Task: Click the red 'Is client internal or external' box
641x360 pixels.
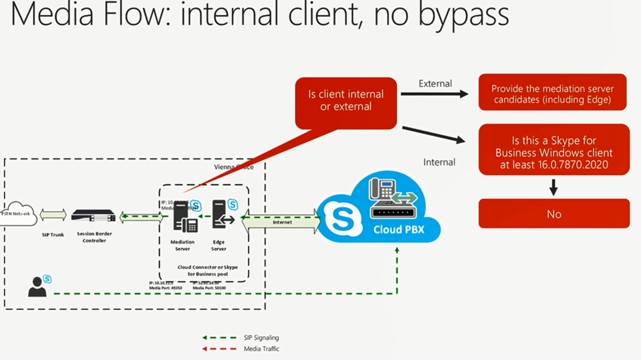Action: click(x=346, y=101)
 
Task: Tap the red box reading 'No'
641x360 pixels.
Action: click(x=553, y=214)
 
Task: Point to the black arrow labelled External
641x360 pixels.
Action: click(x=434, y=95)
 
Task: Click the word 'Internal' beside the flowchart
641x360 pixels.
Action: click(x=439, y=162)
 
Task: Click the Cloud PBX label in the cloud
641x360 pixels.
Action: click(x=398, y=230)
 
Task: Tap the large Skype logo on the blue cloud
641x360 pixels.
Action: click(x=342, y=220)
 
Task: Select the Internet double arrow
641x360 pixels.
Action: click(x=282, y=222)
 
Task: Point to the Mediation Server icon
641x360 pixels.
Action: click(x=182, y=219)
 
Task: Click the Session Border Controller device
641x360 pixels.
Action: click(x=93, y=216)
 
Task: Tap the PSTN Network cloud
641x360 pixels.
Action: click(x=18, y=215)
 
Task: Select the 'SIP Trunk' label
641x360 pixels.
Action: click(x=53, y=235)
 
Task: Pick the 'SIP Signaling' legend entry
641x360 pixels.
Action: click(x=261, y=338)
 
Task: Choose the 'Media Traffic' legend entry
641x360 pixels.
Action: click(x=261, y=348)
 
